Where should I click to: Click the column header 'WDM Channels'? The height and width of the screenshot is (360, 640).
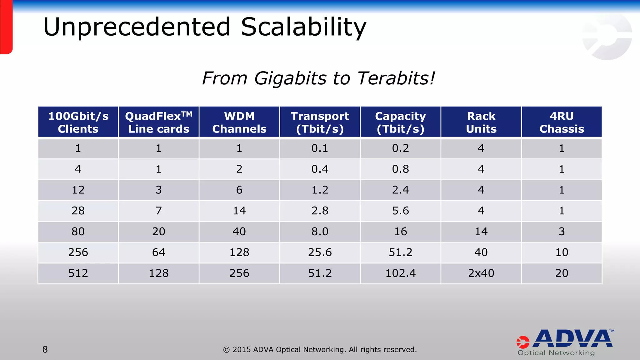239,122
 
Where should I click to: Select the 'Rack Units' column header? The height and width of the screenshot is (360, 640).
481,122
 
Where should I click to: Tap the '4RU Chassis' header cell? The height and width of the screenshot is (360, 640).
562,122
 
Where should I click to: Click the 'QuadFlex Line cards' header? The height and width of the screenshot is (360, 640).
159,122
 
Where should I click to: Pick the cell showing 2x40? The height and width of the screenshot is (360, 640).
481,273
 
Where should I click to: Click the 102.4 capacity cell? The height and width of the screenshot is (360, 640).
400,273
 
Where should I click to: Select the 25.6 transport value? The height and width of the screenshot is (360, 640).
320,252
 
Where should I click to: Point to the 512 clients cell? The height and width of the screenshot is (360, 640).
78,273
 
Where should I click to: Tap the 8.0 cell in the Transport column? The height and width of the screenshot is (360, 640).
320,232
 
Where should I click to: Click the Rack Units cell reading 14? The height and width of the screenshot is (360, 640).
481,232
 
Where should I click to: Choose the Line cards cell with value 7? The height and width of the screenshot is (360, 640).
159,211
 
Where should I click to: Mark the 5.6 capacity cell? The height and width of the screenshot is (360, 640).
400,211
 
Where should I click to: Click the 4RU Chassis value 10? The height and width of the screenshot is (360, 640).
562,252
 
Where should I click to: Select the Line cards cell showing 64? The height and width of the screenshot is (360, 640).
159,252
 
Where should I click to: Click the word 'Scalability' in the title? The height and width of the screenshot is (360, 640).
303,27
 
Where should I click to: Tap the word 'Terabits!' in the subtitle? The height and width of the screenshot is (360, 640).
396,78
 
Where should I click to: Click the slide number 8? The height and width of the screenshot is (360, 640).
45,349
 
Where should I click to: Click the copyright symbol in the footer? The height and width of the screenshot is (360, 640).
226,350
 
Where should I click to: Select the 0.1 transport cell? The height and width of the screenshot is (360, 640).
320,148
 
